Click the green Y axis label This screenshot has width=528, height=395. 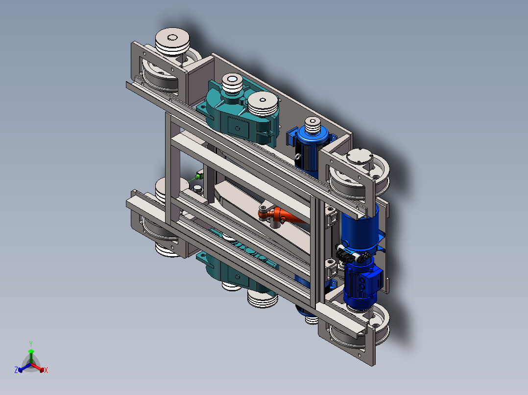[x=31, y=344]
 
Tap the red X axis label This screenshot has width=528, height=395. [x=46, y=370]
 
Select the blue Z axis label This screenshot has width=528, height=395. [x=16, y=370]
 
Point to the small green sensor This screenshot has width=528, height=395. [x=199, y=176]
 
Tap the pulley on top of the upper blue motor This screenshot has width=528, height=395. [x=312, y=125]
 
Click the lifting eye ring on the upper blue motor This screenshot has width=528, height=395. [x=298, y=157]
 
